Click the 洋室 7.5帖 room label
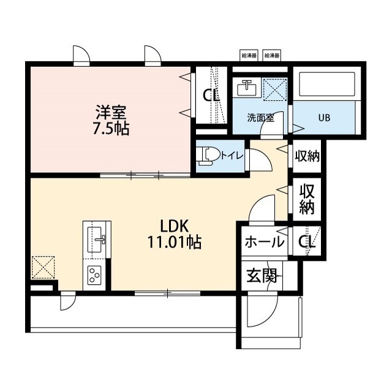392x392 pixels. coord(111,121)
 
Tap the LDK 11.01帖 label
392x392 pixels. coord(174,234)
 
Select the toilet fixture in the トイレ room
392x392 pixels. coord(208,157)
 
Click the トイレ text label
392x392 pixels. coord(232,156)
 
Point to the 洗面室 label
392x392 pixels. coord(260,118)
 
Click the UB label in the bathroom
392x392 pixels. coord(324,118)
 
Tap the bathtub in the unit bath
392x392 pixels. coord(327,85)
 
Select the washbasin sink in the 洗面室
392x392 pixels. coord(247,88)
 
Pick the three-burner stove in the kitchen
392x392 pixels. coord(94,275)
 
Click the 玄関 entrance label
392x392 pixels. coord(262,276)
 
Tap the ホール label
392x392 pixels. coord(265,242)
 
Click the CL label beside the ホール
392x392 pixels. coord(307,242)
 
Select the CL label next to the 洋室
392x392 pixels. coord(211,96)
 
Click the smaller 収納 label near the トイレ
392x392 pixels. coord(307,156)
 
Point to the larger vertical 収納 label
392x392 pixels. coord(307,199)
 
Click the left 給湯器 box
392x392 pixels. coord(249,55)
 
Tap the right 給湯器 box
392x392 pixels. coord(272,55)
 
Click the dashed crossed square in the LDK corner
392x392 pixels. coord(43,267)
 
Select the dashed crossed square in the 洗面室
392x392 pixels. coord(275,89)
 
